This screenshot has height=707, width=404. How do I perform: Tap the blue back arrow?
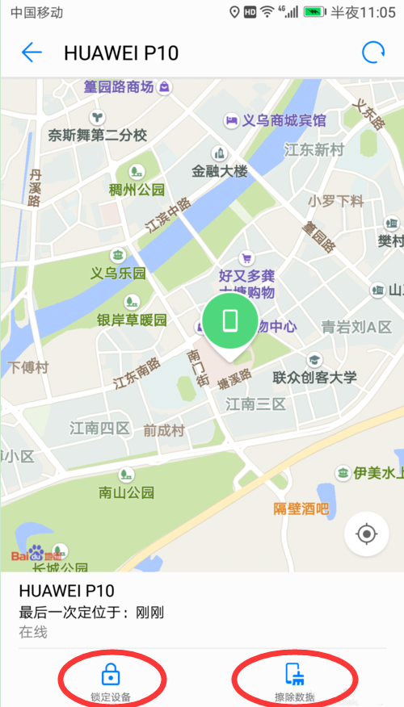click(x=32, y=53)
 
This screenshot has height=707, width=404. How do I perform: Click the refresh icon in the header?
click(x=372, y=53)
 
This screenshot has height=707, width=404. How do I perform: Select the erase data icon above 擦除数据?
click(x=294, y=674)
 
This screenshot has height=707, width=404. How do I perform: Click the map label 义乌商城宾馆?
click(x=284, y=120)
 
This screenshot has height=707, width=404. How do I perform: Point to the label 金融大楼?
click(x=219, y=171)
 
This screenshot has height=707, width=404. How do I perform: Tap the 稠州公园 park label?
click(x=137, y=190)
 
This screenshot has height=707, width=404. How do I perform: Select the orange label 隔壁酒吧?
click(x=301, y=508)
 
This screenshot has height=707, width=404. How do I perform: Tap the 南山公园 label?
click(x=126, y=492)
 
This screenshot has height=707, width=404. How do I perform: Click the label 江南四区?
click(x=99, y=428)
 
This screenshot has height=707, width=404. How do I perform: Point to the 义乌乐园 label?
click(x=118, y=273)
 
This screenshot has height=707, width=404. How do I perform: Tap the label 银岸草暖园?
click(x=132, y=320)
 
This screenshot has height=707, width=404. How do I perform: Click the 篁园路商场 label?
click(x=118, y=86)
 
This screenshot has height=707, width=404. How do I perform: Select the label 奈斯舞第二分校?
click(x=97, y=135)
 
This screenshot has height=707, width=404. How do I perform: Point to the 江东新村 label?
click(x=314, y=149)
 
